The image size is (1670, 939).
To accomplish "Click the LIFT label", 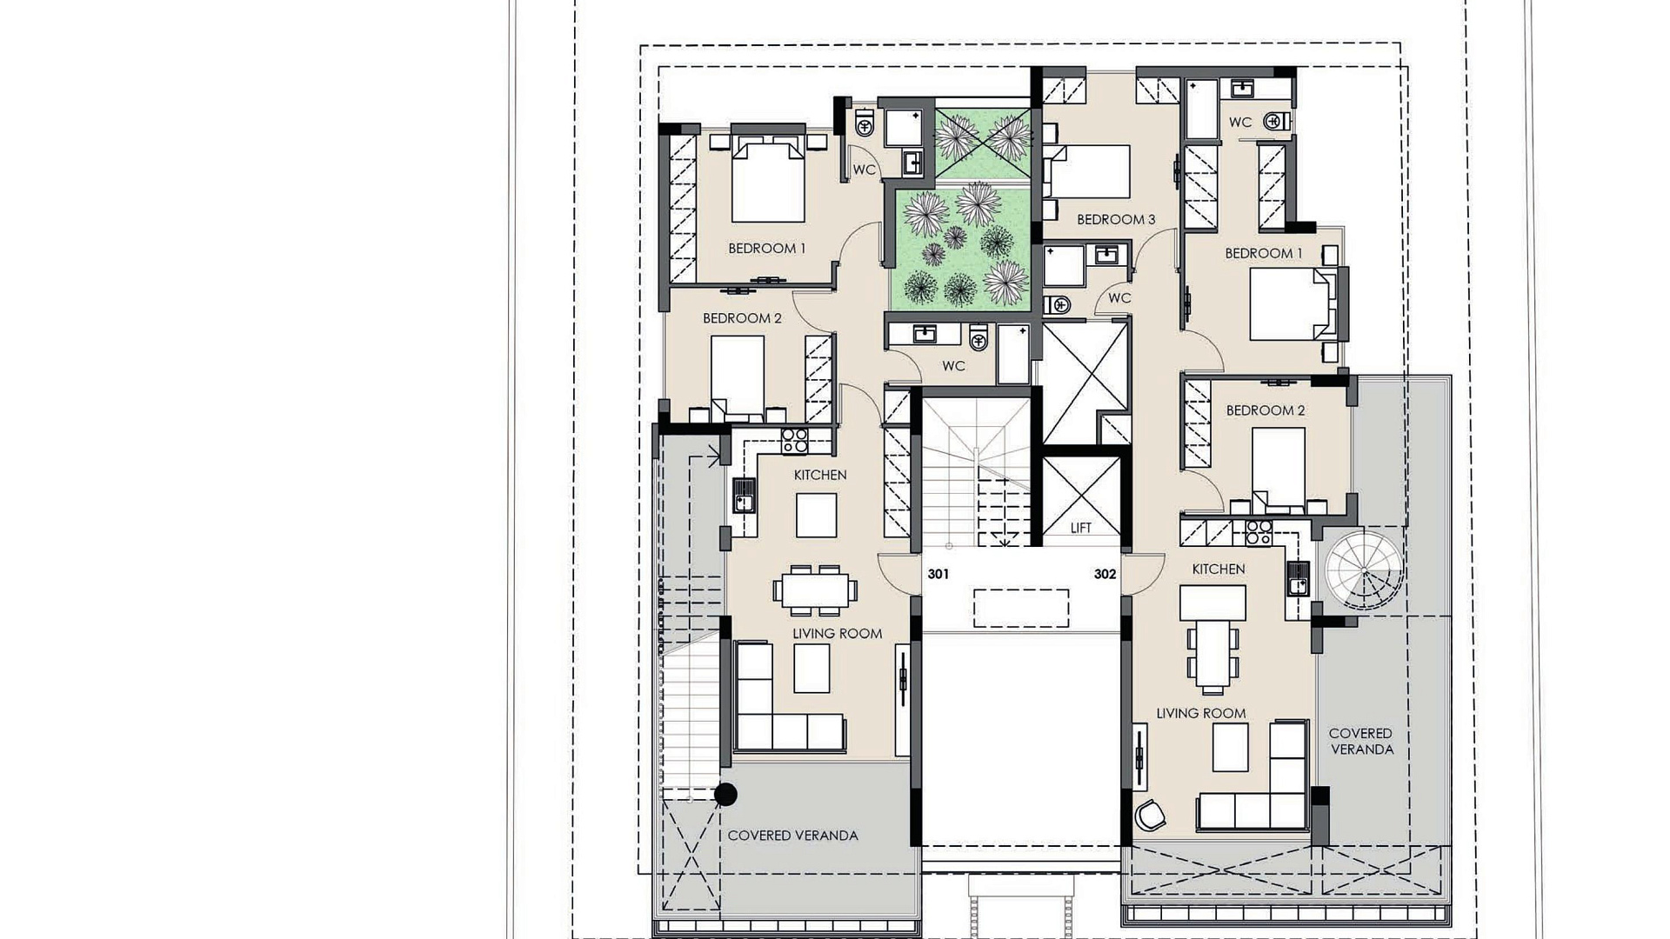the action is (1081, 528).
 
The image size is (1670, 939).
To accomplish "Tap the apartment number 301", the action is (938, 574).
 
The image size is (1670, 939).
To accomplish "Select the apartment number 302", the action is (1105, 574).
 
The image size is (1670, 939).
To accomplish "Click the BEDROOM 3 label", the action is (1116, 219).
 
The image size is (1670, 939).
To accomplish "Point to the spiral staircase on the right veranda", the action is (1364, 569).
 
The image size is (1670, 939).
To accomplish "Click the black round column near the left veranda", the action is (725, 794).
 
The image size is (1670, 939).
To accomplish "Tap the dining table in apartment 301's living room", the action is (815, 591).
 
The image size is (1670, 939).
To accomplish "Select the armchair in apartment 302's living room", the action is (1150, 815).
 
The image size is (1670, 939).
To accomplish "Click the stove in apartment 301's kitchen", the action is (794, 441).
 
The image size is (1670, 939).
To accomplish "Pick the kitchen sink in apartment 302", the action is (1298, 577).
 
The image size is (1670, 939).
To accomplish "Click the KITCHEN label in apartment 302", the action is (1218, 569).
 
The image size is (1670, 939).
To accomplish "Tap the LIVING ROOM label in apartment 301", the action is (837, 634).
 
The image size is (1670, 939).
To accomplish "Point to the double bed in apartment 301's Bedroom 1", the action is (767, 179).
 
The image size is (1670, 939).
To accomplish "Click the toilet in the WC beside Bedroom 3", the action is (1056, 304).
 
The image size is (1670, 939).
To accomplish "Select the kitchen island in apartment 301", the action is (816, 516).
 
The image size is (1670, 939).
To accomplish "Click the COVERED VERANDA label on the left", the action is (792, 836).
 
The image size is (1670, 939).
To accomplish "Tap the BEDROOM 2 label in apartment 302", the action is (1265, 410).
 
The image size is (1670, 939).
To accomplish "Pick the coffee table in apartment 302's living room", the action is (1230, 748).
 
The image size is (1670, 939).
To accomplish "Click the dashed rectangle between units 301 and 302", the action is (1021, 608).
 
